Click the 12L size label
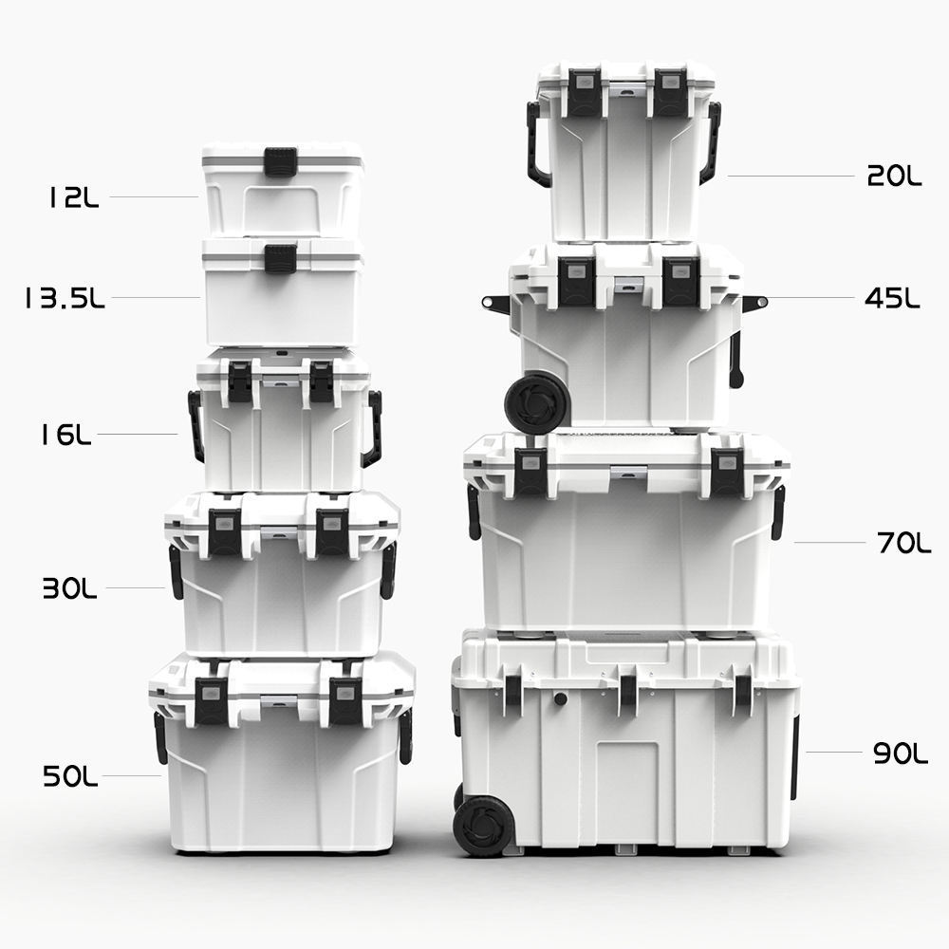point(73,197)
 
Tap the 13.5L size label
point(65,298)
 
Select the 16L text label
point(65,435)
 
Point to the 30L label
point(69,588)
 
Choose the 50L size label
point(69,776)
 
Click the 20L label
point(894,177)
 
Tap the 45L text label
point(892,298)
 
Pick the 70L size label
point(903,543)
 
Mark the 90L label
point(900,754)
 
